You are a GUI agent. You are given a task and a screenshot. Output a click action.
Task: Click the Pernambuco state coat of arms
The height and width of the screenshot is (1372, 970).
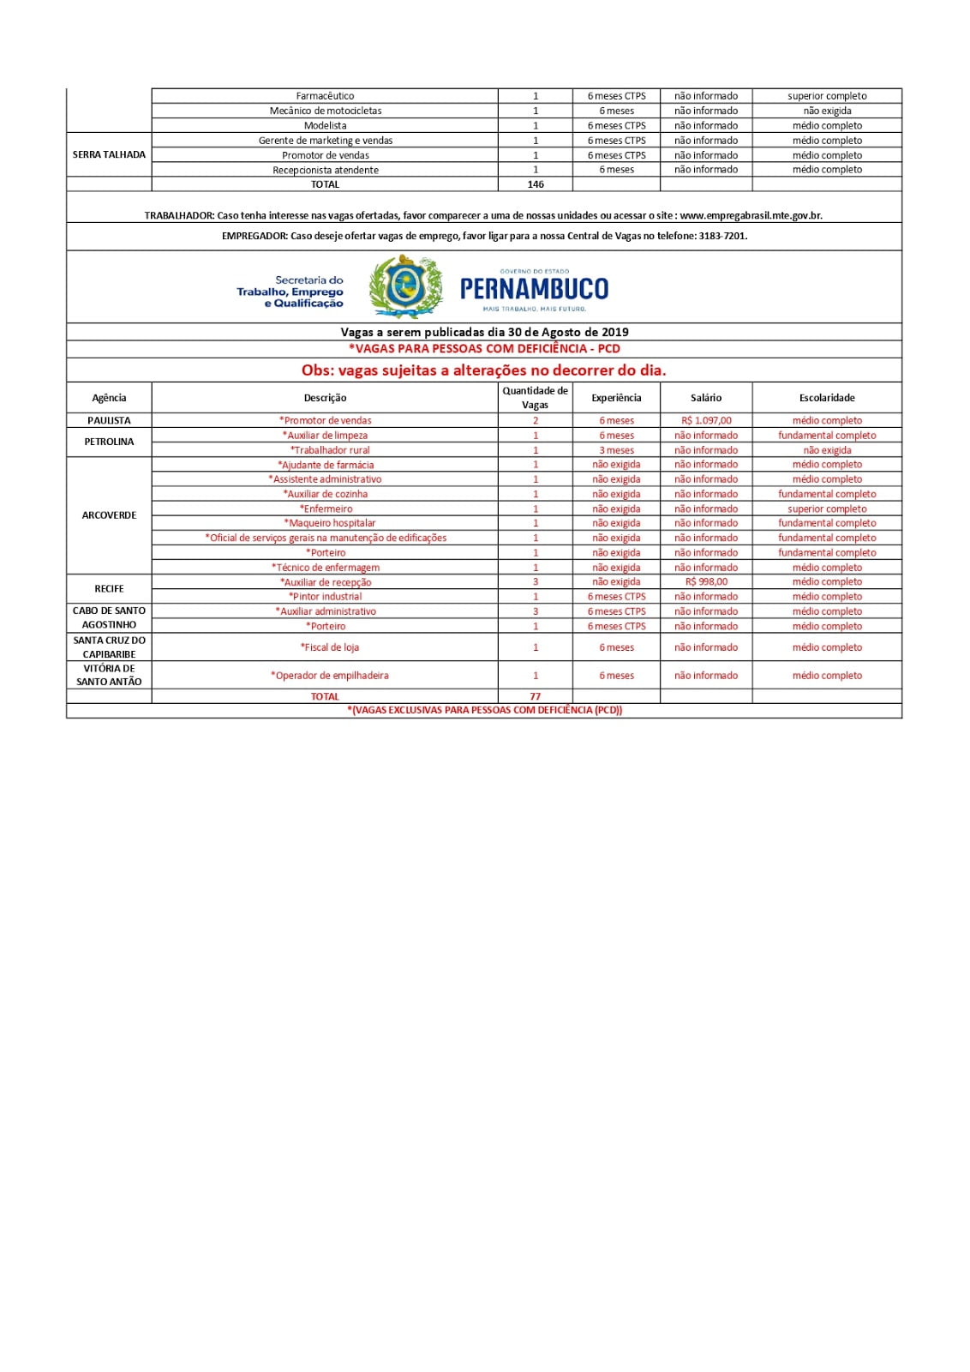point(405,287)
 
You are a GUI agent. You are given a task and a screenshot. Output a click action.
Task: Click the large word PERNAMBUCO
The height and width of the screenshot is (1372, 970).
point(534,289)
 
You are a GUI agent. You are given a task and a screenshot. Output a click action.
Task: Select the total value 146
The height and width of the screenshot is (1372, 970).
point(536,184)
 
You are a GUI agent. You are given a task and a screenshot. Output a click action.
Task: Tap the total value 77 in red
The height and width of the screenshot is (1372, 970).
point(536,696)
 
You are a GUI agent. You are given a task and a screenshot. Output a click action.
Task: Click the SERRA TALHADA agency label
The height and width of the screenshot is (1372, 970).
point(109,155)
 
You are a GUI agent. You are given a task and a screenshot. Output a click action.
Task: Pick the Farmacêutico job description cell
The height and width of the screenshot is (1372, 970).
point(325,96)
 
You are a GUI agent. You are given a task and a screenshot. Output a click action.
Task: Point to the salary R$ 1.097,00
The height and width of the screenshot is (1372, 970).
point(706,421)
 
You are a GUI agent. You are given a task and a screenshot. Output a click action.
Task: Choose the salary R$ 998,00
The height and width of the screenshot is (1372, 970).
point(706,582)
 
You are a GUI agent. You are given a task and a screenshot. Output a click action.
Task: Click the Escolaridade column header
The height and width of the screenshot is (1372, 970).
point(827,398)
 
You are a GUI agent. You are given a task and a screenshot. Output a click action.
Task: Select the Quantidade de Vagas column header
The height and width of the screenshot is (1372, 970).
point(536,398)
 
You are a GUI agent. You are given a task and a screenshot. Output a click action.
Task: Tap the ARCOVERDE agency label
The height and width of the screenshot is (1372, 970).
point(109,515)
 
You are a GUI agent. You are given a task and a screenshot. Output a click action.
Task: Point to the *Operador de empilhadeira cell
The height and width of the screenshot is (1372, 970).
point(330,676)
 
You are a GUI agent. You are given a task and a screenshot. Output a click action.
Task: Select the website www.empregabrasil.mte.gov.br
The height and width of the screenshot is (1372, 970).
point(751,216)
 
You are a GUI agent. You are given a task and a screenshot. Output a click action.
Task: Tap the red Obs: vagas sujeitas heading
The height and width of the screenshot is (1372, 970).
point(483,370)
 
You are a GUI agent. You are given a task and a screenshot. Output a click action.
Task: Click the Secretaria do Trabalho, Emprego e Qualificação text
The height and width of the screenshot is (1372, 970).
point(290,292)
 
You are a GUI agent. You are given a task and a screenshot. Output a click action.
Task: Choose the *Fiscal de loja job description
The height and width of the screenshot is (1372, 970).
point(330,647)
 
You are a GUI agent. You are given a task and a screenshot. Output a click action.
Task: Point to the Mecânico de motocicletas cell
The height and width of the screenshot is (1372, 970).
point(326,111)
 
